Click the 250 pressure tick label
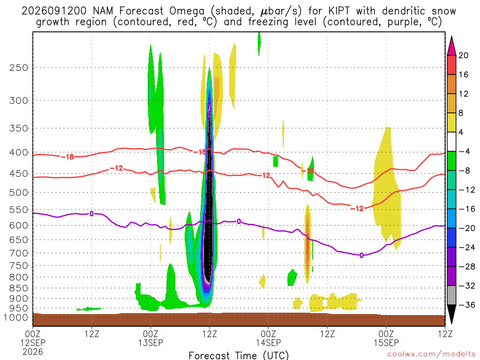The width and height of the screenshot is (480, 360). (19, 67)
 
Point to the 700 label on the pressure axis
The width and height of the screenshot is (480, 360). (19, 253)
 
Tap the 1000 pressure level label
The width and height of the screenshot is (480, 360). (16, 317)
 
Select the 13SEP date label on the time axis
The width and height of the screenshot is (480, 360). (150, 343)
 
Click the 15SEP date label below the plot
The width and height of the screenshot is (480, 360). (386, 343)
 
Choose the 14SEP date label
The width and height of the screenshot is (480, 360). (269, 343)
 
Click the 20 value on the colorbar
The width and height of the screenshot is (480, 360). (464, 55)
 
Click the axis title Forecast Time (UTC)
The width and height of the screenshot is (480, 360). (239, 355)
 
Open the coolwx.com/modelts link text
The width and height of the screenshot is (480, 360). (431, 354)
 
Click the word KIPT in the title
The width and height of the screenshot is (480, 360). (339, 11)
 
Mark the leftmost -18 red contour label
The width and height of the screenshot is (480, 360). (67, 157)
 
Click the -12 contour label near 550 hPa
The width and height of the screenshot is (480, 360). (357, 209)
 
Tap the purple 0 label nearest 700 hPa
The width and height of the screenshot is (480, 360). (361, 255)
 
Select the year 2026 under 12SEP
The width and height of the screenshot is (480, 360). (33, 352)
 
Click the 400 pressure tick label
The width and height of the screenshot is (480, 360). (19, 152)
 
